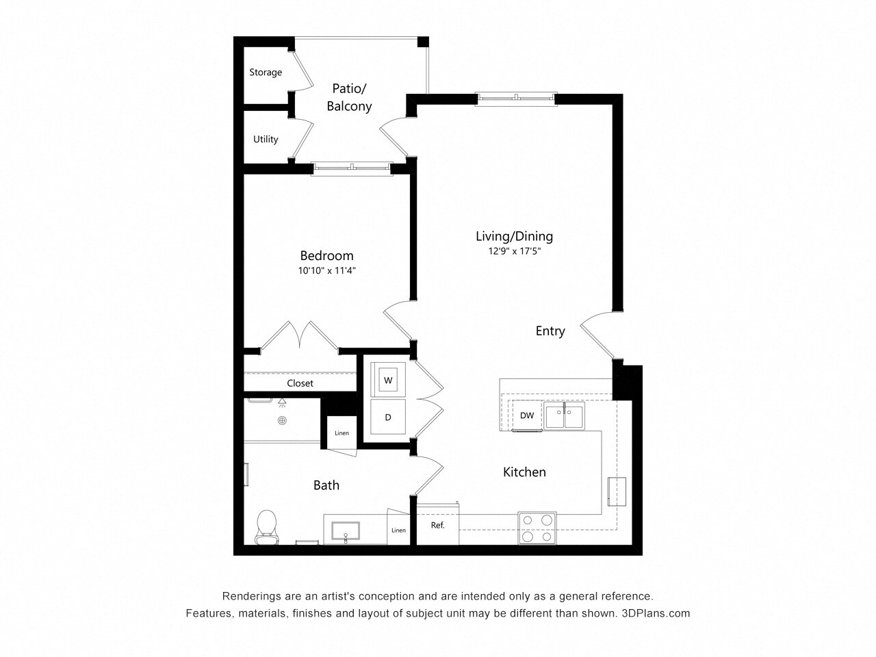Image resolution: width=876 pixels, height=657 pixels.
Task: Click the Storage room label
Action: [266, 73]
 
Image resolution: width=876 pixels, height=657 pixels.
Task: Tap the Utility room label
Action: [266, 140]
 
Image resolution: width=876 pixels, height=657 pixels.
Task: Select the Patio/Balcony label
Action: [349, 97]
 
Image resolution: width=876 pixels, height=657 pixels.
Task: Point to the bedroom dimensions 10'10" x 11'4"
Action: [326, 271]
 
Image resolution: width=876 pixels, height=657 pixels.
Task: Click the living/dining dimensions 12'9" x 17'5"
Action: [514, 251]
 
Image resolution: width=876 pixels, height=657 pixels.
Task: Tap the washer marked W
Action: [388, 380]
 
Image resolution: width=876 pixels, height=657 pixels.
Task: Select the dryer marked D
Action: [388, 417]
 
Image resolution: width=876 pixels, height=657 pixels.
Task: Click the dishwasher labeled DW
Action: [527, 415]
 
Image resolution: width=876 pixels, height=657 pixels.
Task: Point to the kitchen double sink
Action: [565, 417]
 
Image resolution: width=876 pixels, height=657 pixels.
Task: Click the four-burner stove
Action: [537, 528]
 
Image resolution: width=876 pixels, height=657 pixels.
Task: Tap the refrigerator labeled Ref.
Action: [438, 526]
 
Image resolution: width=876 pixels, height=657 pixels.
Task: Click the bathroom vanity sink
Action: [346, 530]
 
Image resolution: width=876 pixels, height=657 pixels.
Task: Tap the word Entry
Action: [550, 331]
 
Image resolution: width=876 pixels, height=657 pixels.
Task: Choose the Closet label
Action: [300, 383]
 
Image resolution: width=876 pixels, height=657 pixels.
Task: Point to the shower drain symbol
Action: [282, 421]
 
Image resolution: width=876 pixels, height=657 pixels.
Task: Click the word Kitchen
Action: [524, 472]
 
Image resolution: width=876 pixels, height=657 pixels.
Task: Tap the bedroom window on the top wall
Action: [352, 166]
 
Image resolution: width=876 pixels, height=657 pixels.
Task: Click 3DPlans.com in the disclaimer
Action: [656, 613]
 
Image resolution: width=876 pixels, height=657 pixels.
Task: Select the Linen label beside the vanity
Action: [398, 530]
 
